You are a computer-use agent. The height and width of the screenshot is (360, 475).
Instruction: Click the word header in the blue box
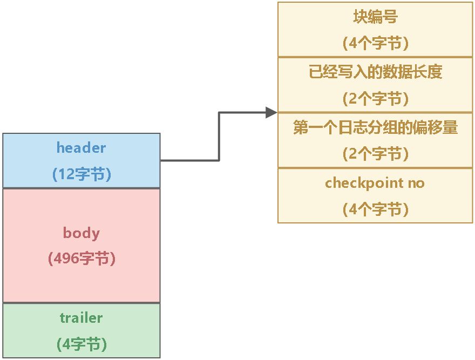(81, 147)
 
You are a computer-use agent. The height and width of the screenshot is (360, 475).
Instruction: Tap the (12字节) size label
(82, 174)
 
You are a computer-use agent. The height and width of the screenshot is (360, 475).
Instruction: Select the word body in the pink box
(82, 233)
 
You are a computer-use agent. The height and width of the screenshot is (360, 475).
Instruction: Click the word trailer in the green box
(81, 318)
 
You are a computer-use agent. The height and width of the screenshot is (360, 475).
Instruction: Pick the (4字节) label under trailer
(82, 344)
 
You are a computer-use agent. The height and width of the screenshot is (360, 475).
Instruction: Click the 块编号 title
(376, 17)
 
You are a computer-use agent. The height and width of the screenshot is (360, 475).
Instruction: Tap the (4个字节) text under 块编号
(376, 44)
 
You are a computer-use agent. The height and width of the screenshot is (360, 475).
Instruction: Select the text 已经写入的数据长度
(376, 72)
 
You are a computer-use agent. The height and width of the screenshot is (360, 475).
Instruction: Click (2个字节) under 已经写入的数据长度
(376, 99)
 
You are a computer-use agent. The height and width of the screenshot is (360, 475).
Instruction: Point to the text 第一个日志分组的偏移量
(376, 128)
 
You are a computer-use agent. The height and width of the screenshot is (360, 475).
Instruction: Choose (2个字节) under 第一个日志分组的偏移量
(376, 154)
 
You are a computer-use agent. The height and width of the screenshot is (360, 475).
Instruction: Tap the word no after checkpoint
(416, 184)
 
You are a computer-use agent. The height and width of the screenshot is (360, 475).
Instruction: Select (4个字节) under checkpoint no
(376, 209)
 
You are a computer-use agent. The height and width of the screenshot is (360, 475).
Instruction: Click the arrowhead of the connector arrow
(272, 112)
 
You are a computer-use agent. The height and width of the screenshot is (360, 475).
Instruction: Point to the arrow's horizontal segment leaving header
(189, 160)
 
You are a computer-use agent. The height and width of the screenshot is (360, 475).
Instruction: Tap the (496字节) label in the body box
(82, 259)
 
